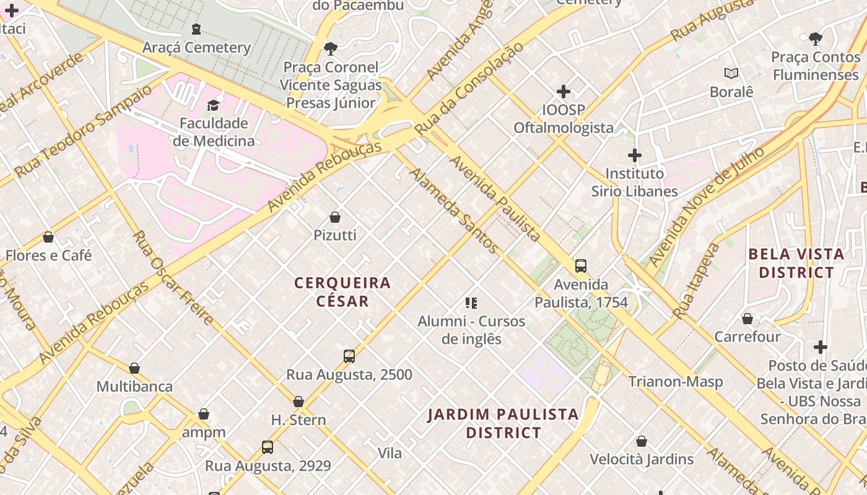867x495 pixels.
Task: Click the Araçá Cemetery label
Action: [x=196, y=48]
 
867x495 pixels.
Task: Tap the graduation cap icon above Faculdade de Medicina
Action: [x=214, y=105]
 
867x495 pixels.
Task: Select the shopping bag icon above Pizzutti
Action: [x=335, y=217]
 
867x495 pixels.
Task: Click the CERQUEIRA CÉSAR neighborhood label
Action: [x=342, y=292]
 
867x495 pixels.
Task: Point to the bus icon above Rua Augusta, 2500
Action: [x=349, y=356]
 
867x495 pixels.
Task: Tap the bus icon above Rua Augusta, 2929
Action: [x=268, y=447]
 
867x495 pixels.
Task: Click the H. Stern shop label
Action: [x=298, y=420]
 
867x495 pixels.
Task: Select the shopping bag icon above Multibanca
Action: [x=134, y=369]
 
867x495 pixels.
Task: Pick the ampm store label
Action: [x=204, y=432]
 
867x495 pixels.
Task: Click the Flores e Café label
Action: [x=48, y=255]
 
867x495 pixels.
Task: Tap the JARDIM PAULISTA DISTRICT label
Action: [x=503, y=423]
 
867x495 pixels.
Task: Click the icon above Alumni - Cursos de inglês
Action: [x=471, y=303]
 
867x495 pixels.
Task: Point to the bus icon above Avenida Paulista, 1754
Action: [x=581, y=266]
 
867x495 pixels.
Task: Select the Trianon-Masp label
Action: [x=676, y=382]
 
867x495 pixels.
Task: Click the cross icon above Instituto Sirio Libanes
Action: [x=635, y=155]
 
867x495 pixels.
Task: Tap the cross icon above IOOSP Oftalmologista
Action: [x=564, y=92]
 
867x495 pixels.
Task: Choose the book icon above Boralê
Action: [x=731, y=74]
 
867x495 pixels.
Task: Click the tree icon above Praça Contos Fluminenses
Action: [x=816, y=39]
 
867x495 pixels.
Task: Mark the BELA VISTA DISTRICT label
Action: [x=796, y=263]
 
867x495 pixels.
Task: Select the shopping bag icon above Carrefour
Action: [x=747, y=319]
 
